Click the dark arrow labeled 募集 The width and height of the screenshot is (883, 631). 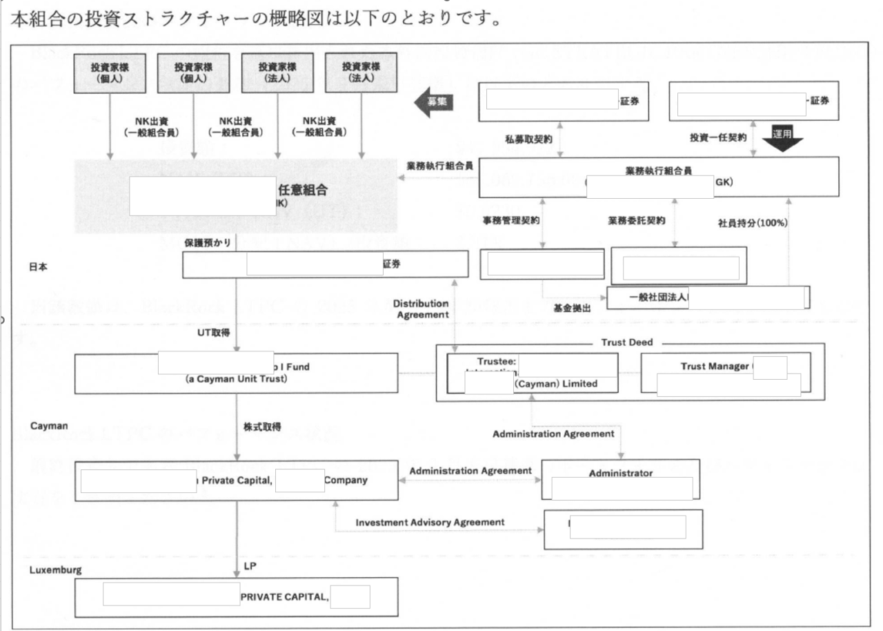pyautogui.click(x=432, y=101)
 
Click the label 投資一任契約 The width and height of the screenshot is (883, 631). pyautogui.click(x=718, y=137)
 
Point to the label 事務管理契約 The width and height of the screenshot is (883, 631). pyautogui.click(x=512, y=222)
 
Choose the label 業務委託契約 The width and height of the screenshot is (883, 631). pyautogui.click(x=637, y=222)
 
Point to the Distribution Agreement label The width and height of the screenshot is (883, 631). pyautogui.click(x=421, y=308)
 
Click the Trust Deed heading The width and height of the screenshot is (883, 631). pyautogui.click(x=628, y=342)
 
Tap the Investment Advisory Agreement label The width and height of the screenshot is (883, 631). pyautogui.click(x=430, y=522)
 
